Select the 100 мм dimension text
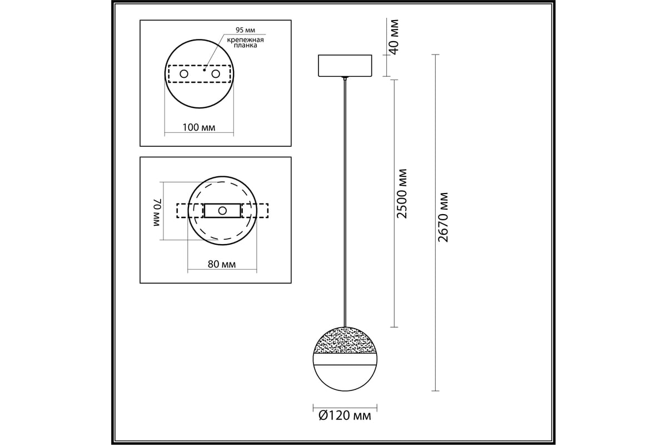click(199, 128)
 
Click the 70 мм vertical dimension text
click(157, 212)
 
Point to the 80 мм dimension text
click(221, 264)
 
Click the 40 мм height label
click(394, 37)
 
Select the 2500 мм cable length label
click(402, 193)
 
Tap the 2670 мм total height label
click(443, 217)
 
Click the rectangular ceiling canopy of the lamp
click(345, 66)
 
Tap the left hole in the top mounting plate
click(184, 73)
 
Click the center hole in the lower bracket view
click(222, 211)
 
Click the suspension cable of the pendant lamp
click(345, 200)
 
